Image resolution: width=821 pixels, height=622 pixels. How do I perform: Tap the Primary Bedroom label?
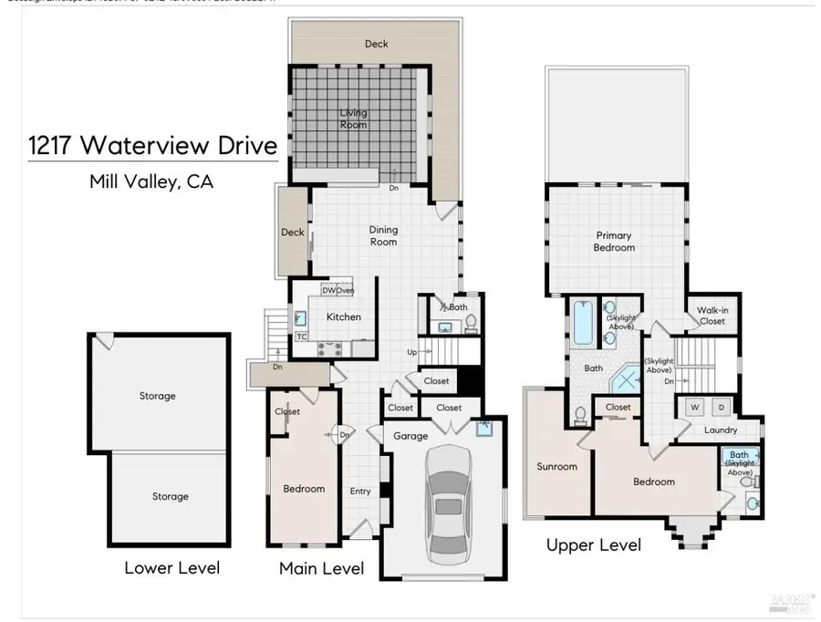(613, 242)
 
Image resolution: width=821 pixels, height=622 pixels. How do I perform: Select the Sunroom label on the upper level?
(556, 467)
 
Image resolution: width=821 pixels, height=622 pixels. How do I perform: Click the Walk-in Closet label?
(712, 316)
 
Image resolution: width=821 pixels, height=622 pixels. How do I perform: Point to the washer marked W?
(694, 406)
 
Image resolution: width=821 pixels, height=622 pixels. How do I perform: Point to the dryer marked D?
(721, 406)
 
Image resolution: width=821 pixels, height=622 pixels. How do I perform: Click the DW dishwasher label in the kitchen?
(328, 290)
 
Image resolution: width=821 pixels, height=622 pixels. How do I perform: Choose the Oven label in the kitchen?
(345, 290)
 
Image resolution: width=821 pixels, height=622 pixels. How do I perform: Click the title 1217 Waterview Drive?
(152, 147)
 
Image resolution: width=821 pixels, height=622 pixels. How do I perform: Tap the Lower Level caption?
(171, 568)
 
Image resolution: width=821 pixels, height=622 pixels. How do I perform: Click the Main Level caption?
(321, 569)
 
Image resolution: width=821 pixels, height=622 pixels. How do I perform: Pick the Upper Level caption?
(593, 545)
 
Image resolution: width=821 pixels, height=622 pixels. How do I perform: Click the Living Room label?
(354, 119)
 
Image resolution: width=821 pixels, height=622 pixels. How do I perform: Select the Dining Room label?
(383, 236)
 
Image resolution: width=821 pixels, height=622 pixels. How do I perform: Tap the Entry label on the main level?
(360, 492)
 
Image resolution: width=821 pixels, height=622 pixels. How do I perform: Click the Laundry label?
(720, 430)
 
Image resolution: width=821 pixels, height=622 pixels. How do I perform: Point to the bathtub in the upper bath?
(582, 324)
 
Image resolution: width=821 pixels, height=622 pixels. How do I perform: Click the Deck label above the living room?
(376, 43)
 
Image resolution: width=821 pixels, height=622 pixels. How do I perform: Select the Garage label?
(410, 436)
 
